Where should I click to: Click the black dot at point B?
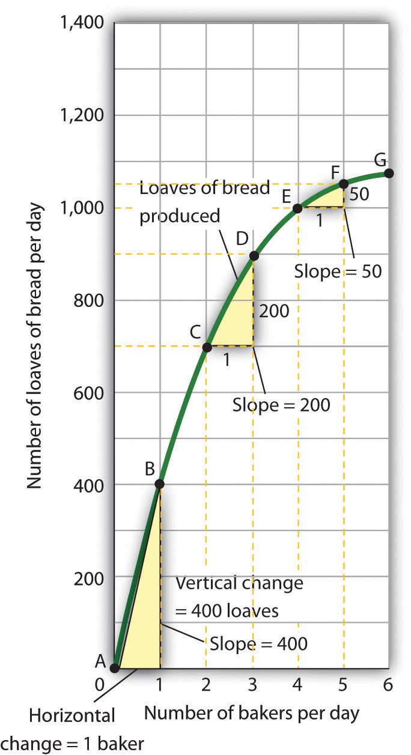[160, 484]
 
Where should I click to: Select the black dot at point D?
[253, 256]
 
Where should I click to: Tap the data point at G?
[389, 174]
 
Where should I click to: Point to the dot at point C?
[207, 347]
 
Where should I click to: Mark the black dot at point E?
[297, 208]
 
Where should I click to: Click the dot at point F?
[344, 183]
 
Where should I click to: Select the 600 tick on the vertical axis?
[90, 393]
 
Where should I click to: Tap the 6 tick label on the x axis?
[389, 684]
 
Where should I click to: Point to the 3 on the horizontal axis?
[253, 684]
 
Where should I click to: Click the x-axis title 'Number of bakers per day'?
[252, 713]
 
